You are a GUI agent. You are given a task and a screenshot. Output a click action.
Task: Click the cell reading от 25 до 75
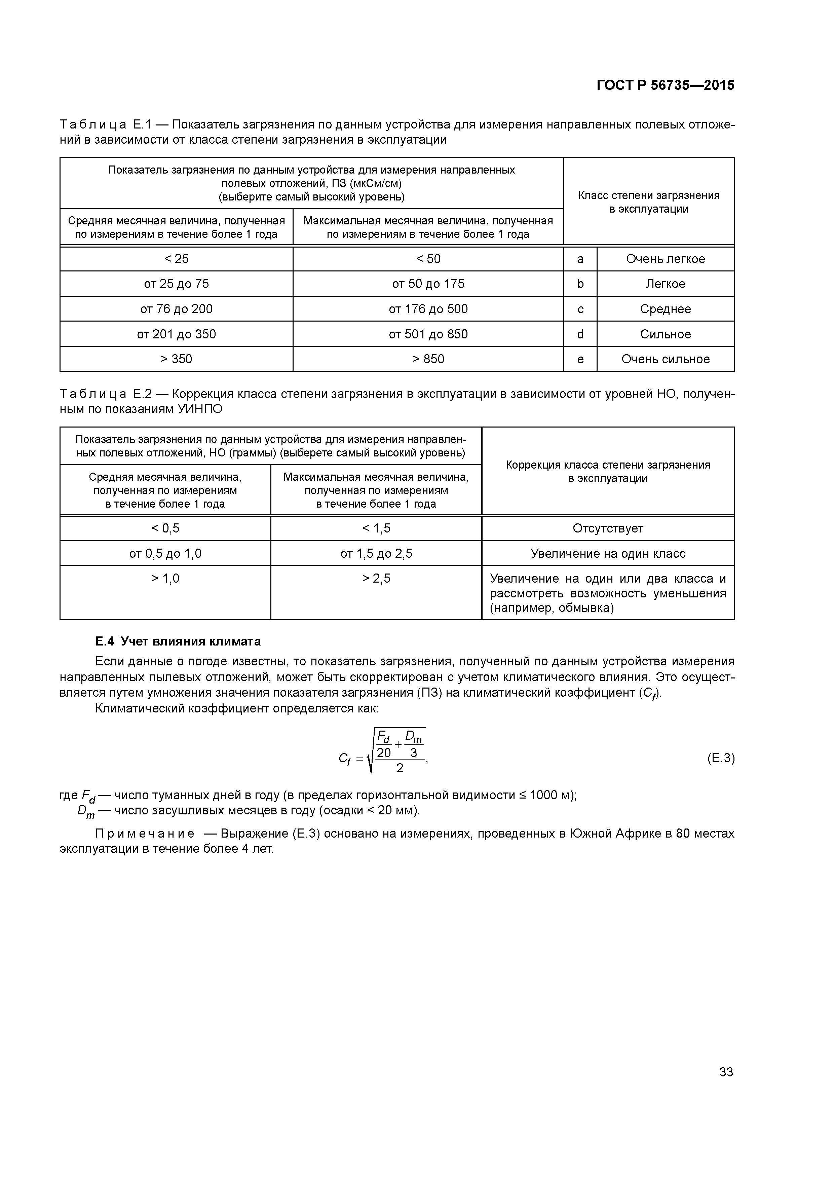tap(176, 284)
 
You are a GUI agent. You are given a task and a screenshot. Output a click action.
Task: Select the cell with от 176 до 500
tap(428, 309)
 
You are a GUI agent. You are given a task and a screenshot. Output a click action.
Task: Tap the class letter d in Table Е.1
tap(580, 334)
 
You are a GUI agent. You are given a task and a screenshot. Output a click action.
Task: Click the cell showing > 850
tap(428, 359)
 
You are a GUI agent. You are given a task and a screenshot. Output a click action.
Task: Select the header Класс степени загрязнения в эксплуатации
tap(648, 202)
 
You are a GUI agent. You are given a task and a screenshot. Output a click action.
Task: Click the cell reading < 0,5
tap(165, 528)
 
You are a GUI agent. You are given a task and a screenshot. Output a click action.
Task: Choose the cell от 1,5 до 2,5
tap(376, 554)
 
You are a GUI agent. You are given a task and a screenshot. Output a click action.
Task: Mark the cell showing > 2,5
tap(376, 579)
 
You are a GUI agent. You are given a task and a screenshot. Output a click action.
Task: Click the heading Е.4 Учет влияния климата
tap(178, 641)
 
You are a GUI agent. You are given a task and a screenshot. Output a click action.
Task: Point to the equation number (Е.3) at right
tap(720, 758)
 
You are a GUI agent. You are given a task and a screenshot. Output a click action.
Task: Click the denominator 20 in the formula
tap(384, 753)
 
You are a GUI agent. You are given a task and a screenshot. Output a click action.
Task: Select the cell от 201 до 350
tap(176, 334)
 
